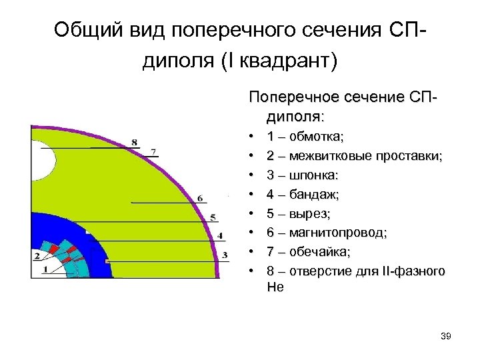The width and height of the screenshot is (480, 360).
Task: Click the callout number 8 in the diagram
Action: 135,142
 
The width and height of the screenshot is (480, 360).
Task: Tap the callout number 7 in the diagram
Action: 154,151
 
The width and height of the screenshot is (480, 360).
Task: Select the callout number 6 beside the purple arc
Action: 200,198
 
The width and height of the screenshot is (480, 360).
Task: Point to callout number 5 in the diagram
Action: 213,217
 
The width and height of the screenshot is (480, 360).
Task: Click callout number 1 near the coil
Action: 45,269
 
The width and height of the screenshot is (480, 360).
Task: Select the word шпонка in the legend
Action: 314,175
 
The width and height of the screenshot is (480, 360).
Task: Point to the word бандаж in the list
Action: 315,195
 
